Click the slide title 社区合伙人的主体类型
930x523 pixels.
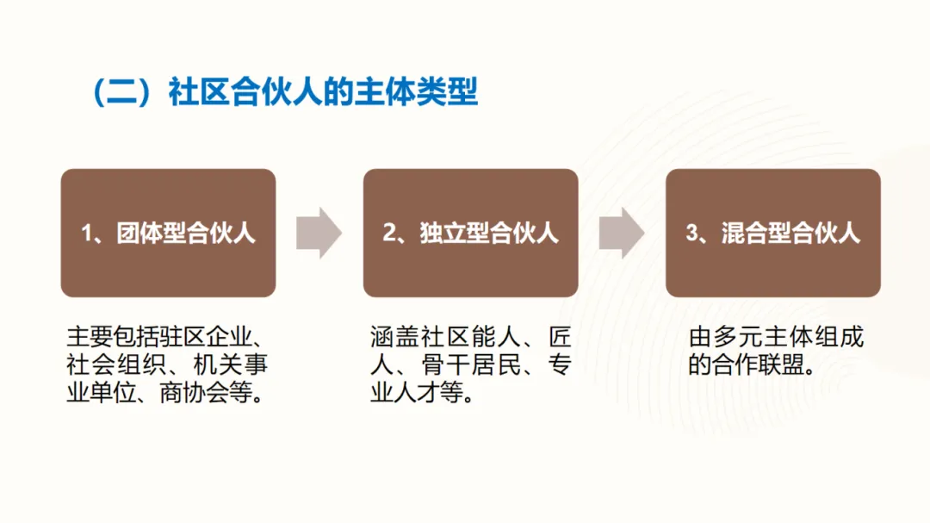[323, 92]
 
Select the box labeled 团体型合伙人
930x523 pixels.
[168, 233]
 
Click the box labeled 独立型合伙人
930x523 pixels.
[470, 233]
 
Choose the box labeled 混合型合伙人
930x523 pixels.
[772, 233]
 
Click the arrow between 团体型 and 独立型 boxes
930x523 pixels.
[319, 233]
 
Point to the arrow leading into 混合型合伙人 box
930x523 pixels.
[621, 233]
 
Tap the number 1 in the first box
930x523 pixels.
[87, 233]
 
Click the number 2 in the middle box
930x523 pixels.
[389, 233]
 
